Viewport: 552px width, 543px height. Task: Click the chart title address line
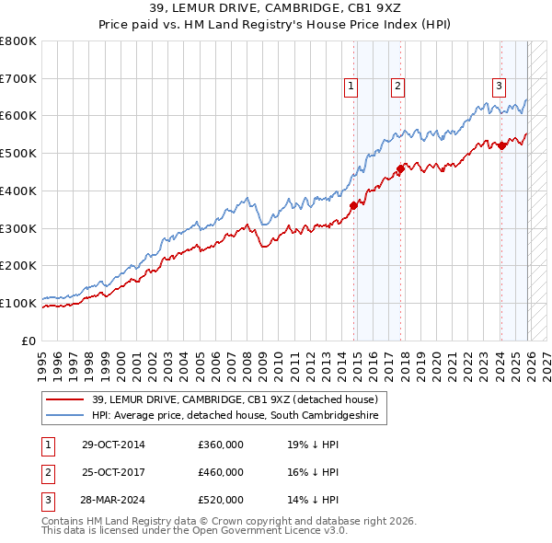[x=276, y=8]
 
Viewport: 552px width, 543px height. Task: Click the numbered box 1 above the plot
[x=351, y=87]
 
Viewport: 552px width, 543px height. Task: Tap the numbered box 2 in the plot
[x=397, y=87]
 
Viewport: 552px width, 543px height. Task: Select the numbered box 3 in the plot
[x=499, y=87]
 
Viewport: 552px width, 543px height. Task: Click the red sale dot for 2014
[x=354, y=205]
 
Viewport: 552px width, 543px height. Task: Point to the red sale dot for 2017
[x=400, y=168]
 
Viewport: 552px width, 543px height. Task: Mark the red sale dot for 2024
[x=502, y=145]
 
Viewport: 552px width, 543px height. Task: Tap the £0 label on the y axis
[x=29, y=341]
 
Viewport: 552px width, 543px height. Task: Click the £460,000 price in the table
[x=221, y=472]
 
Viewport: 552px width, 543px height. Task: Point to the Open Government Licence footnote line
[x=194, y=531]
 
